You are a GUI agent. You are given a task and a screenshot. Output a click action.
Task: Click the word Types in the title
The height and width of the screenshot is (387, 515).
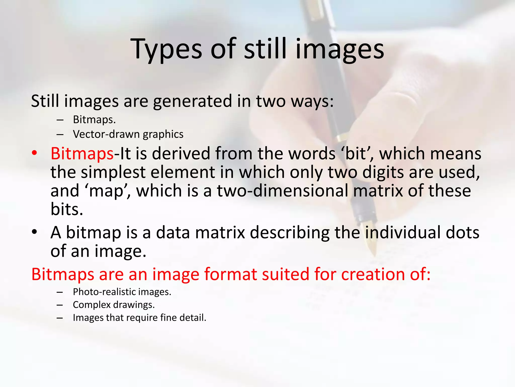click(x=166, y=49)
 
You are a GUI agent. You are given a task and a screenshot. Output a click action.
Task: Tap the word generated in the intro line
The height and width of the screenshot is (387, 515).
click(x=192, y=101)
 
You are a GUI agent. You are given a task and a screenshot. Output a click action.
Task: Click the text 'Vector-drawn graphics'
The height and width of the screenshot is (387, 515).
click(x=128, y=134)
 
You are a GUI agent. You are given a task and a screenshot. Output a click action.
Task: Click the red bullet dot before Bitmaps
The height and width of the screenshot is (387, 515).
click(x=34, y=153)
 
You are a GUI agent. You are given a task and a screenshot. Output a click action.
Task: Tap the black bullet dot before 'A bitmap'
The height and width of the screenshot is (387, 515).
click(x=34, y=232)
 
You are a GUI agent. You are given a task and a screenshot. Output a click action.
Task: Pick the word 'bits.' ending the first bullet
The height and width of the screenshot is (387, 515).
click(x=67, y=209)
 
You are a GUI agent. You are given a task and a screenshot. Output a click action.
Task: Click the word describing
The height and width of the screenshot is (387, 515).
click(x=289, y=232)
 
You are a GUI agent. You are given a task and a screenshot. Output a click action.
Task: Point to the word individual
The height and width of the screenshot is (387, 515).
click(x=403, y=232)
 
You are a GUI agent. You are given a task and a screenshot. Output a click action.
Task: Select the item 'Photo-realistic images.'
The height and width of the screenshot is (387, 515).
click(x=122, y=292)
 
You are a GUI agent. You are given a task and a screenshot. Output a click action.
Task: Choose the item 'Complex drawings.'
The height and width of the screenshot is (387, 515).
click(x=114, y=305)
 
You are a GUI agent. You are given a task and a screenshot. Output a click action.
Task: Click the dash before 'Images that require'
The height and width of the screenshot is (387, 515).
click(x=60, y=318)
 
